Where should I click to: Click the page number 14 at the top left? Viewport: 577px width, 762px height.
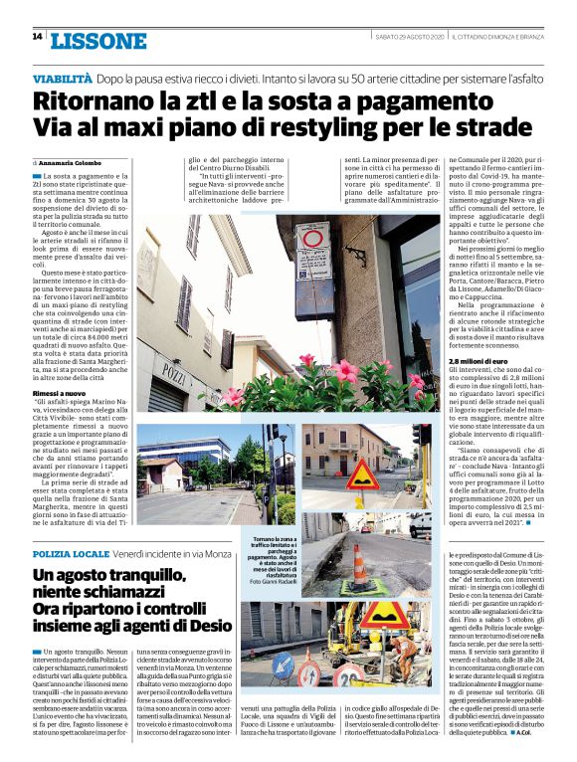37,36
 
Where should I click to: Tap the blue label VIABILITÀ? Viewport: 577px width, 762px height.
62,77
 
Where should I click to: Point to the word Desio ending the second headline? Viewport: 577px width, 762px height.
209,626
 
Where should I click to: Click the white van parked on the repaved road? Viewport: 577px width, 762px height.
420,523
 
